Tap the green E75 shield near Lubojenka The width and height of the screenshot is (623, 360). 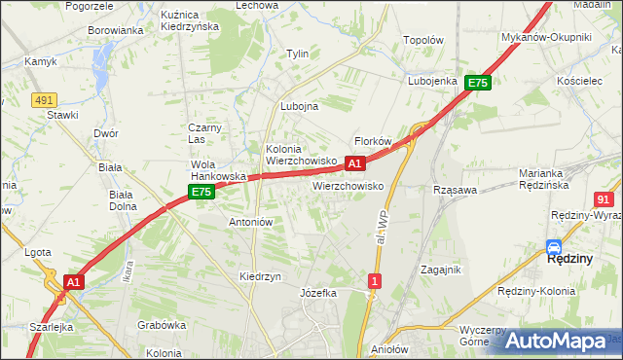point(476,84)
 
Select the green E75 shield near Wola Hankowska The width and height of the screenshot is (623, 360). point(202,193)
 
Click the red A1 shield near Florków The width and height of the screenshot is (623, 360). point(355,163)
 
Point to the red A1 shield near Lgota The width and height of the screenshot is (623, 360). point(73,281)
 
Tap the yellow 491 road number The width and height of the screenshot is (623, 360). point(43,99)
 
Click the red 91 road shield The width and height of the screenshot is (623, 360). point(604,198)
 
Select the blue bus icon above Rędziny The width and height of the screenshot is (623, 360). point(554,247)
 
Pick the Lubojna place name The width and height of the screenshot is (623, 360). point(299,107)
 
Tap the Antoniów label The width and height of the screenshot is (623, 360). point(250,222)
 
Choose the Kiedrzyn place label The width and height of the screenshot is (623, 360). point(260,276)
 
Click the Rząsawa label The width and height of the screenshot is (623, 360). point(455,190)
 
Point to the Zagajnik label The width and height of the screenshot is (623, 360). point(440,269)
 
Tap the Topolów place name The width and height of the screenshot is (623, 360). point(423,41)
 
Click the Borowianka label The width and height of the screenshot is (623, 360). point(116,30)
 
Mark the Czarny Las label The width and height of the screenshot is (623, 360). point(206,133)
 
